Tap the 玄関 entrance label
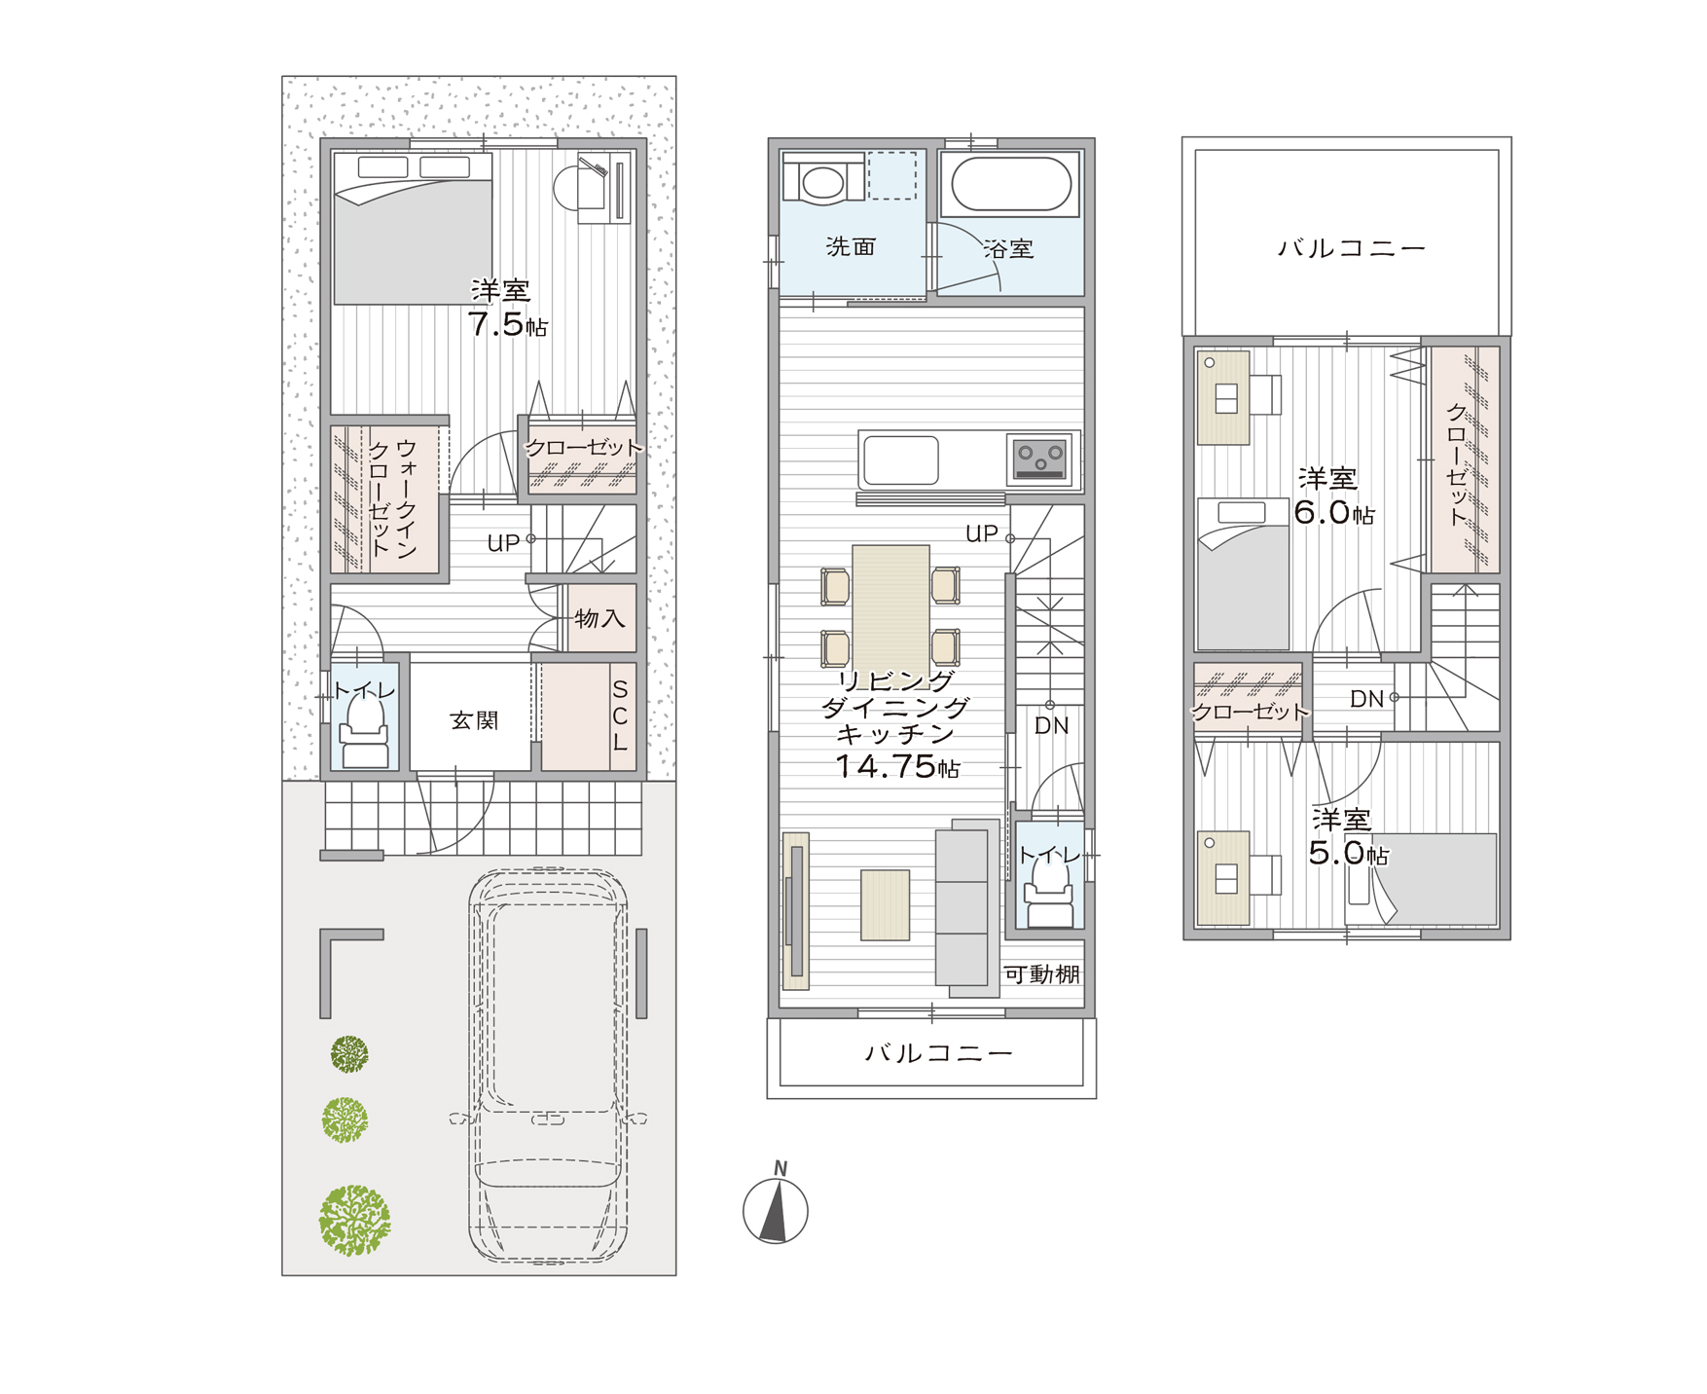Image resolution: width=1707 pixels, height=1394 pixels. pos(474,720)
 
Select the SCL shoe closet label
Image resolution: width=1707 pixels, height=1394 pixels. pos(620,715)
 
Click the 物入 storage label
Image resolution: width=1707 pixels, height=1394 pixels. pos(599,618)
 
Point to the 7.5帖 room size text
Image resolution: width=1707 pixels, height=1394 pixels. pos(507,324)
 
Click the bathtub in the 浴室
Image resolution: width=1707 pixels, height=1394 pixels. pos(1011,184)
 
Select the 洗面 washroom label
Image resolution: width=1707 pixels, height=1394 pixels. pos(851,247)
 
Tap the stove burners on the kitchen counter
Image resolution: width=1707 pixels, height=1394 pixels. pos(1040,458)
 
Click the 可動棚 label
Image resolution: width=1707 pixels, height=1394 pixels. pos(1041,974)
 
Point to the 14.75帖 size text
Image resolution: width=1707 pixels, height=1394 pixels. pos(897,767)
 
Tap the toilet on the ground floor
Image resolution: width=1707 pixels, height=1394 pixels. pos(364,731)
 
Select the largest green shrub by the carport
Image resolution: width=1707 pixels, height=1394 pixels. pos(354,1220)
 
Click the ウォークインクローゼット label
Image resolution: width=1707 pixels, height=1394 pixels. pos(392,497)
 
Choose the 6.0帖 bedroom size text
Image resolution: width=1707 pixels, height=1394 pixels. pos(1334,511)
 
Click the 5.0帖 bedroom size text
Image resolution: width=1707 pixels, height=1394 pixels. pos(1348,853)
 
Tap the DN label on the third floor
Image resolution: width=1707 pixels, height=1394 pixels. pos(1366,698)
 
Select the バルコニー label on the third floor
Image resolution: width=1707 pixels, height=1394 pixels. pos(1352,248)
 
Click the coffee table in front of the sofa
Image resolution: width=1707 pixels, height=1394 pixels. pos(886,905)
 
